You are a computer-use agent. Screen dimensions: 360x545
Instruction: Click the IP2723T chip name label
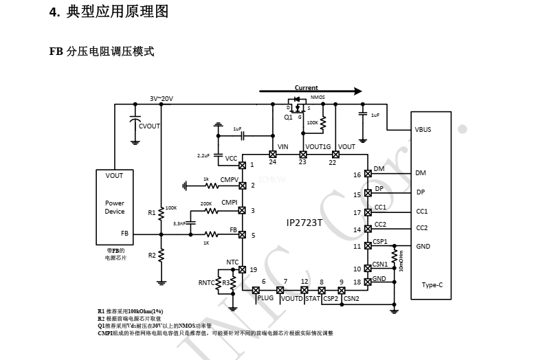click(x=304, y=223)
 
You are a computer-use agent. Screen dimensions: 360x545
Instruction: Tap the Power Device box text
click(x=115, y=207)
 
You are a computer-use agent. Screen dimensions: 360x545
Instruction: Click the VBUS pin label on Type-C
click(x=423, y=129)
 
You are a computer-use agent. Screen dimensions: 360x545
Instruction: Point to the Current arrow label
click(x=306, y=88)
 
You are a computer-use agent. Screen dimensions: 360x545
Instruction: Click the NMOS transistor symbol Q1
click(x=298, y=107)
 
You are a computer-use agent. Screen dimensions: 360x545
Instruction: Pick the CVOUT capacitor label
click(x=149, y=126)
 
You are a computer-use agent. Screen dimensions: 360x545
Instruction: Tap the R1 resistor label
click(x=152, y=213)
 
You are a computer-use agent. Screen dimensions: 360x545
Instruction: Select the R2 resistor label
click(x=152, y=255)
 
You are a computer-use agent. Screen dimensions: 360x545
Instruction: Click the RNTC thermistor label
click(x=206, y=282)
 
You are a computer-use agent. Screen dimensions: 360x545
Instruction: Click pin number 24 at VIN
click(x=273, y=162)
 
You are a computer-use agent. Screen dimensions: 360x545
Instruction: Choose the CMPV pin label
click(x=230, y=180)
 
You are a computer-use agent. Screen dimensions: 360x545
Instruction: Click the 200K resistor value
click(x=205, y=203)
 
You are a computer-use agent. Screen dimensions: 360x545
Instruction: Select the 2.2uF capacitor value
click(x=203, y=156)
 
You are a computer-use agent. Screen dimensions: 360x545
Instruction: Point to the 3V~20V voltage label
click(x=162, y=99)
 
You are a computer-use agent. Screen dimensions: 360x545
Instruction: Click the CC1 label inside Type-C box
click(x=421, y=212)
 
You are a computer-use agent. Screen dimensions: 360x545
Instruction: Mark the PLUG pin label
click(x=265, y=299)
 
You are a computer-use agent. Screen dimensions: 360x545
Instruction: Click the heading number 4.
click(x=54, y=12)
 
